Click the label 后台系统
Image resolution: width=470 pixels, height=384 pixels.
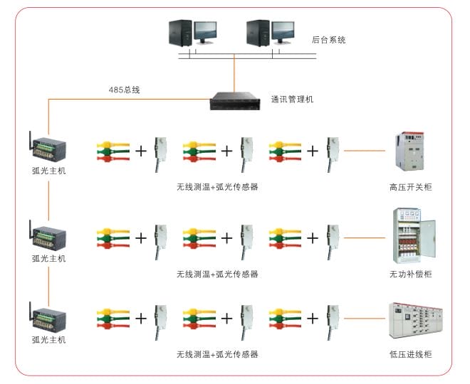tap(328, 41)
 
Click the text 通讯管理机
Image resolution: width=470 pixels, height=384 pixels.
tap(292, 100)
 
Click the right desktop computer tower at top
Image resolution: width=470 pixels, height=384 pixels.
tap(255, 33)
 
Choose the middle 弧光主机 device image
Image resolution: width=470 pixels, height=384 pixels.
tap(48, 240)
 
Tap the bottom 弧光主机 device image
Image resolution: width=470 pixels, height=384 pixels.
tap(48, 320)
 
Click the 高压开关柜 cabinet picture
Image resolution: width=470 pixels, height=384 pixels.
tap(409, 151)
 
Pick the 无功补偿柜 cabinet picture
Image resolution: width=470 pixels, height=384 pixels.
tap(410, 236)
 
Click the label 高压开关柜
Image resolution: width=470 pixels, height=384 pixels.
tap(410, 188)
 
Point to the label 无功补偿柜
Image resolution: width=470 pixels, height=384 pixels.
tap(410, 274)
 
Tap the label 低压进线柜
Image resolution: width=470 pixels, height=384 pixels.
tap(410, 354)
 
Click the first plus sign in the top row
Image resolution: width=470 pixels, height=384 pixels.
tap(141, 151)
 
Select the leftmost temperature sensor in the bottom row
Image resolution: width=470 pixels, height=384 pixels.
tap(113, 319)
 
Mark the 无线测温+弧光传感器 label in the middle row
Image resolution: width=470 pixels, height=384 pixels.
tap(217, 274)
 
